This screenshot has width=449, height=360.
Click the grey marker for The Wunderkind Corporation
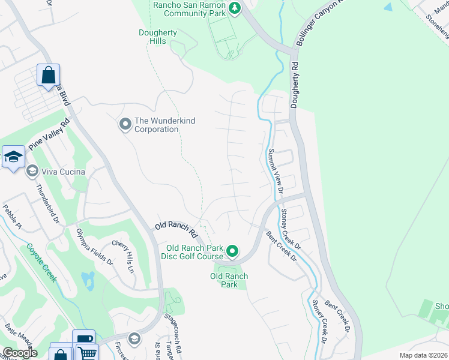click(x=125, y=124)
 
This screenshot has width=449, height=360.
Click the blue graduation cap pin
click(x=13, y=157)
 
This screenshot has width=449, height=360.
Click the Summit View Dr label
click(x=276, y=171)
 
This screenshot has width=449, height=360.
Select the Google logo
click(x=20, y=353)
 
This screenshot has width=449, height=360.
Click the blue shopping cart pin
click(x=86, y=352)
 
